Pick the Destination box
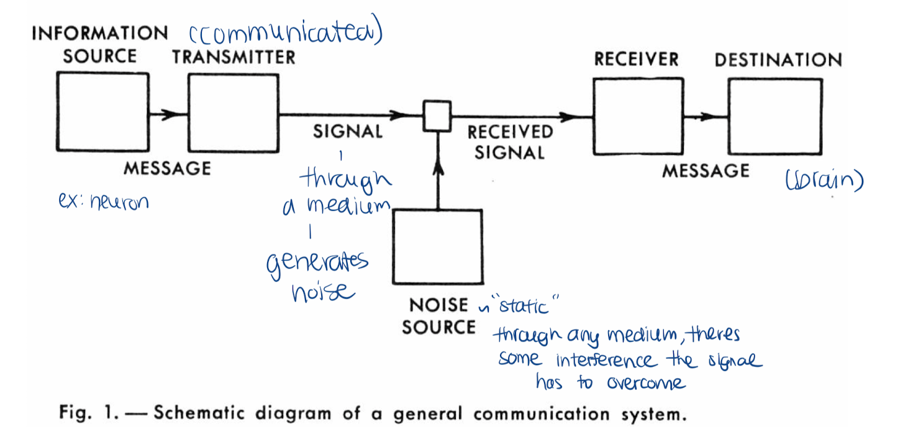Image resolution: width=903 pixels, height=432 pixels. pyautogui.click(x=774, y=117)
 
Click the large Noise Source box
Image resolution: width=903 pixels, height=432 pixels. pyautogui.click(x=437, y=246)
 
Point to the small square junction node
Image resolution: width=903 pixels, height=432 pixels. pyautogui.click(x=437, y=115)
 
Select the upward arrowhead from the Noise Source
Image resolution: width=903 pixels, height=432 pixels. pyautogui.click(x=437, y=168)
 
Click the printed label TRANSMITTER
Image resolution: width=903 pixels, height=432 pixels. pyautogui.click(x=234, y=57)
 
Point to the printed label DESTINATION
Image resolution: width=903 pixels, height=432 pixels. pyautogui.click(x=778, y=60)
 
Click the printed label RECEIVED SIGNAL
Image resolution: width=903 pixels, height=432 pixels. pyautogui.click(x=509, y=142)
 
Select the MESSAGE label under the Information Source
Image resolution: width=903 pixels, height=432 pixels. pyautogui.click(x=167, y=168)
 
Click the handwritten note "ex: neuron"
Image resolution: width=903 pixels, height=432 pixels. pyautogui.click(x=102, y=202)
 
